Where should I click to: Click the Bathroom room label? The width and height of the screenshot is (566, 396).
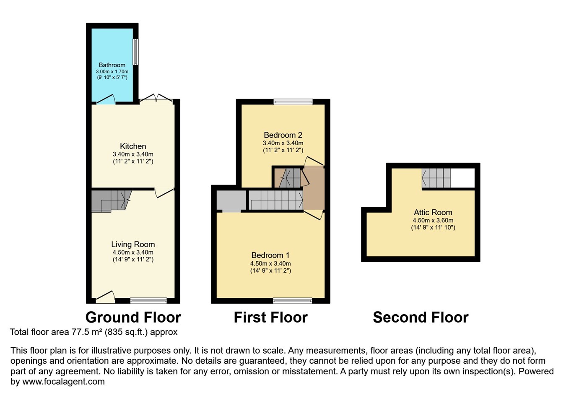(x=112, y=65)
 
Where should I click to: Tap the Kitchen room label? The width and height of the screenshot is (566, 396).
(x=133, y=146)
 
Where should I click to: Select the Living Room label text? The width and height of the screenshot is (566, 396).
(x=133, y=245)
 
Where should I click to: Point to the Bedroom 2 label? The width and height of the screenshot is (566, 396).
(x=283, y=135)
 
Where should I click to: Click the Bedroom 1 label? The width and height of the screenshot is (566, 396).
(x=270, y=255)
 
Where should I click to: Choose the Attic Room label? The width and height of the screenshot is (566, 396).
(x=433, y=213)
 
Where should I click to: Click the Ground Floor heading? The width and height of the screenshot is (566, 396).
(x=133, y=318)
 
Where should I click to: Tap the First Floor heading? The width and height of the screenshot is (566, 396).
(x=270, y=318)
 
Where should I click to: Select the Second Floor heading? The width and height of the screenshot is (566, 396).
(x=421, y=318)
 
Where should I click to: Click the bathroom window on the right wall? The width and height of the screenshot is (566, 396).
(x=135, y=52)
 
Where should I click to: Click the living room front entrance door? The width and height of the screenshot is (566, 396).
(x=105, y=297)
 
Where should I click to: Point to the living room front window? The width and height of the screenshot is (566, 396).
(x=148, y=300)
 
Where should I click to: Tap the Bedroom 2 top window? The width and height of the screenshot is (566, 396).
(x=293, y=102)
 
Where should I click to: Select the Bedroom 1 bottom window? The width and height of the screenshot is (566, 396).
(x=293, y=300)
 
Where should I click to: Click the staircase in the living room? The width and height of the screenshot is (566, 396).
(x=110, y=200)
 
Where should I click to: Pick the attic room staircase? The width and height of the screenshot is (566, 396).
(x=436, y=178)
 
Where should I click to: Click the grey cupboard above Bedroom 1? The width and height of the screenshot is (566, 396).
(x=231, y=201)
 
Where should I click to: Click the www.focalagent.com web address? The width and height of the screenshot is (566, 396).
(x=63, y=382)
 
